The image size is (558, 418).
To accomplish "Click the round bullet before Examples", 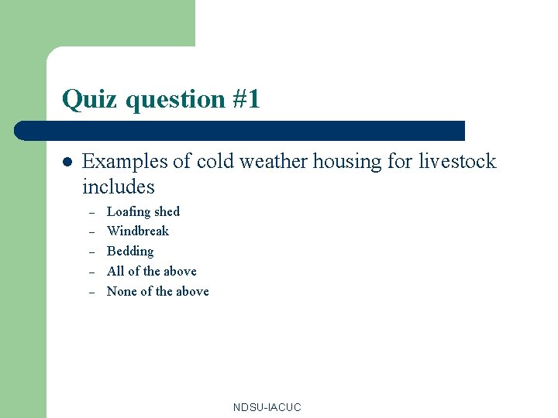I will coord(67,163).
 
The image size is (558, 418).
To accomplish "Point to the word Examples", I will coord(125,162).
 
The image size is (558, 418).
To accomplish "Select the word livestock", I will coord(457,161).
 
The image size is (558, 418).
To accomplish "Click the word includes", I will coord(119,187).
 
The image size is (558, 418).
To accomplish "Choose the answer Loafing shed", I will coord(143,211).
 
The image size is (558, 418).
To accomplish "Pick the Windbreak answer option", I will coord(138,231).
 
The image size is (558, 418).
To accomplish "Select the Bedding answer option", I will coord(130,251).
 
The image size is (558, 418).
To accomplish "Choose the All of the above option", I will coord(152,271).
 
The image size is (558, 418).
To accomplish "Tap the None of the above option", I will coord(158,291).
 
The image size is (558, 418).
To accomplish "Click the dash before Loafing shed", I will coord(91,213).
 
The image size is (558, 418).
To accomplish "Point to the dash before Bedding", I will coord(91,252).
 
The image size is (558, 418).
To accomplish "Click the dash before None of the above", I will coord(91,293).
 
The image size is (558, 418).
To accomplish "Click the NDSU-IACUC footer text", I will coord(267,407).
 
